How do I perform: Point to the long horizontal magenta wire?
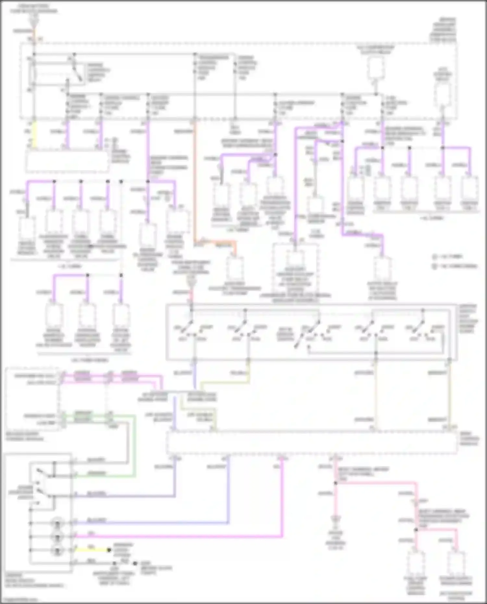179,537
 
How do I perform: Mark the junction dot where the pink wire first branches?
336,483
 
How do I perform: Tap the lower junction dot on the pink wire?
416,530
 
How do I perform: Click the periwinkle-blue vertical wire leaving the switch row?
194,376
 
